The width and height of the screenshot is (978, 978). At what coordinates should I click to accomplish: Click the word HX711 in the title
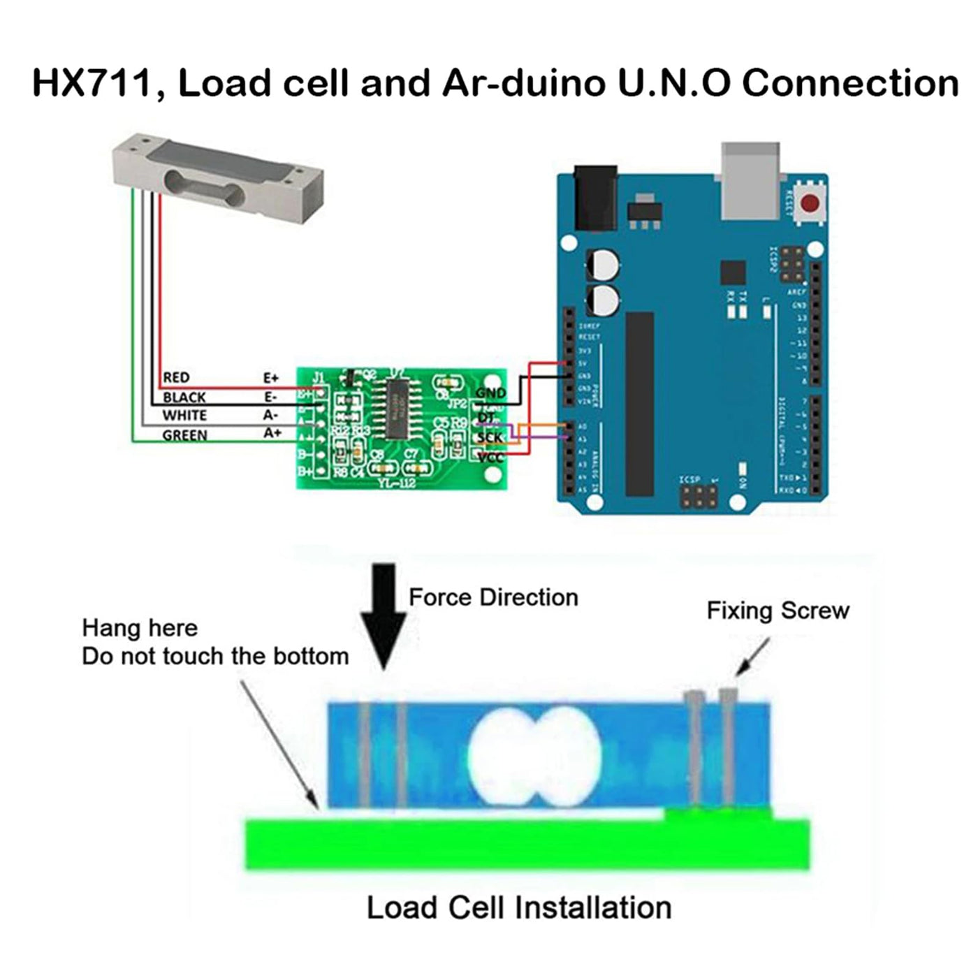coord(92,83)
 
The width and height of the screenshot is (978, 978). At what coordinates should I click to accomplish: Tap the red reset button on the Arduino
coord(810,204)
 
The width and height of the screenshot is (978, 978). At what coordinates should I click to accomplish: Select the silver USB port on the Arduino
coord(750,180)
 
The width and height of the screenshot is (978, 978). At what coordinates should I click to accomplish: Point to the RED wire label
coord(176,378)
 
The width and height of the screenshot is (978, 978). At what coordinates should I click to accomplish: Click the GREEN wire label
coord(184,435)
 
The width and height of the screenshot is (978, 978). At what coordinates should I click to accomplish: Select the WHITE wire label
coord(184,416)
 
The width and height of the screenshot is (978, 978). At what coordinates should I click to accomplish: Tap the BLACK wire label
coord(184,397)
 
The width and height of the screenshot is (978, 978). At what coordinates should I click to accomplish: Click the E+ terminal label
coord(271,378)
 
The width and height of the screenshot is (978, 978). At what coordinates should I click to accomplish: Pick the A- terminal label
coord(271,416)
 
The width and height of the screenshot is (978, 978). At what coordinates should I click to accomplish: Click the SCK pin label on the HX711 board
coord(490,438)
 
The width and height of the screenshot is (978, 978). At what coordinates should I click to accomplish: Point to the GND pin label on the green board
coord(490,393)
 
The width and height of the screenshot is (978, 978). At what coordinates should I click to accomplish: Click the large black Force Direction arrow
coord(384,615)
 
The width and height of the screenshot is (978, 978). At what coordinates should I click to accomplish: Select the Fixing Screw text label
coord(778,611)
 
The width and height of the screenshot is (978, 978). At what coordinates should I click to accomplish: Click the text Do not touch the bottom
coord(215,657)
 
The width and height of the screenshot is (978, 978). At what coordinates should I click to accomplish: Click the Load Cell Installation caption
coord(519,908)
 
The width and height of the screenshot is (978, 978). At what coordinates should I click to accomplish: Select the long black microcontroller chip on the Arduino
coord(639,404)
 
